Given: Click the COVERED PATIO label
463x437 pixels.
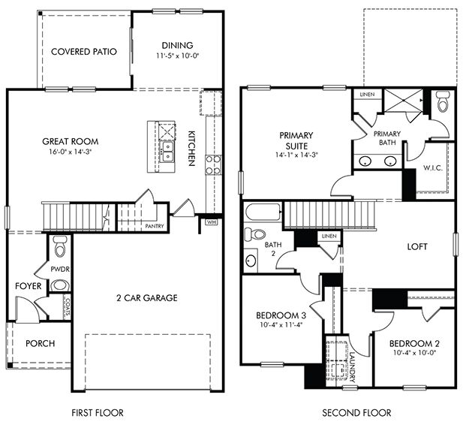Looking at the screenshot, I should pyautogui.click(x=84, y=52).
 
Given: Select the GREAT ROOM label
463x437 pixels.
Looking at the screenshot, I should pyautogui.click(x=71, y=141).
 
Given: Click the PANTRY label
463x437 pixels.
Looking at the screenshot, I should pyautogui.click(x=154, y=225).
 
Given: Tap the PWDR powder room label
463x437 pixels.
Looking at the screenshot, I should pyautogui.click(x=60, y=267).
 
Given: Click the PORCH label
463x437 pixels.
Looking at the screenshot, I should pyautogui.click(x=40, y=344).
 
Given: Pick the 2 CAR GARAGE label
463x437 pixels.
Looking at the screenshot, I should pyautogui.click(x=147, y=298).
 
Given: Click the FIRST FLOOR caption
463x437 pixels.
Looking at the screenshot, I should pyautogui.click(x=97, y=413).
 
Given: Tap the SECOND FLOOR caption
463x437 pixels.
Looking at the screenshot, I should pyautogui.click(x=356, y=413).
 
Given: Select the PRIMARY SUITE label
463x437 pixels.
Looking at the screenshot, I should pyautogui.click(x=296, y=140).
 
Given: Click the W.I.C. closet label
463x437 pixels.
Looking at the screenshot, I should pyautogui.click(x=431, y=167).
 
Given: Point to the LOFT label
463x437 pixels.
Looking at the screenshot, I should pyautogui.click(x=417, y=246).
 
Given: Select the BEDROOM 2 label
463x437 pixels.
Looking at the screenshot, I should pyautogui.click(x=414, y=344).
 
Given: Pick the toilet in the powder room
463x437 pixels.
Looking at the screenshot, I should pyautogui.click(x=60, y=245).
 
